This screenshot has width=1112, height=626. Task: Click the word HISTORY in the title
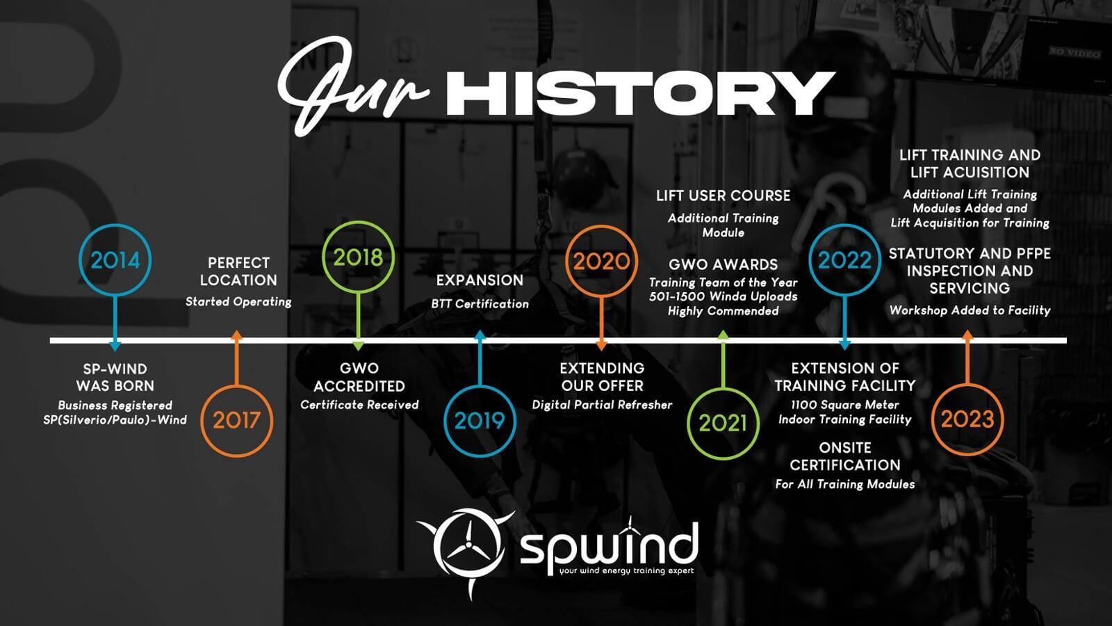coord(640,94)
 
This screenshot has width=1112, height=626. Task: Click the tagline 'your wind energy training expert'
coord(626,571)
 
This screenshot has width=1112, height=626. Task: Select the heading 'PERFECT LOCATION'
coord(239,271)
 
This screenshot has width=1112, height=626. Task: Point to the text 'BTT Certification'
coord(480,303)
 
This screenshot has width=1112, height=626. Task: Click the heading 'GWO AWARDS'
coord(723,264)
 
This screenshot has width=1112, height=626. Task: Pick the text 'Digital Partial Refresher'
coord(602,405)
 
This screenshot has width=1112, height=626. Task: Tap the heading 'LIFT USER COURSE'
coord(723,195)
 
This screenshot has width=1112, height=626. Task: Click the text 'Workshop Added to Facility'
coord(970,310)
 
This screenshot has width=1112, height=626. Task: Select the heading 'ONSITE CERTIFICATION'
coord(845,456)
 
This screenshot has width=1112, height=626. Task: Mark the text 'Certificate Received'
coord(359,405)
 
